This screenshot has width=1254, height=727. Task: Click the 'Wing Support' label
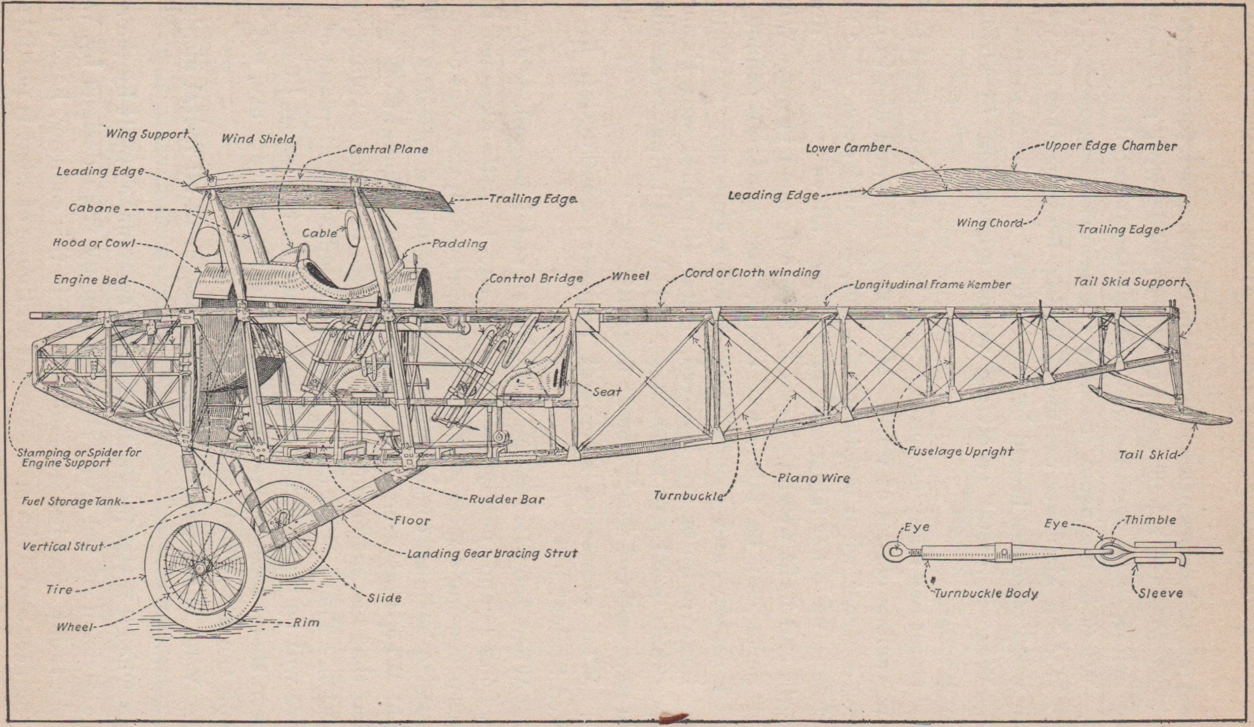pos(146,134)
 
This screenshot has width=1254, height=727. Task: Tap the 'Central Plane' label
pos(388,149)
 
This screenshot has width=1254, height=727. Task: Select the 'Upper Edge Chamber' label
pos(1111,146)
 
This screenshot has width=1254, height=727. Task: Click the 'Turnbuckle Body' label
pos(986,593)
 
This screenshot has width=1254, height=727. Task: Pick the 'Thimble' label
pos(1150,520)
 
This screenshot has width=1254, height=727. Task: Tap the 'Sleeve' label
pos(1161,593)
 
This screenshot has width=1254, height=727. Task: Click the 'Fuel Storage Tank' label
pos(71,501)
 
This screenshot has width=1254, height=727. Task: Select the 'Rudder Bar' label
pos(507,499)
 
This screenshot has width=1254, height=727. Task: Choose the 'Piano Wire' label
pos(814,478)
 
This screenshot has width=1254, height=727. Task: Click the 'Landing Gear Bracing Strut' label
pos(492,553)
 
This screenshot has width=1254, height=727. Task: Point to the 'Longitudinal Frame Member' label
pos(932,285)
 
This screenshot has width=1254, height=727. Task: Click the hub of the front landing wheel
pos(203,567)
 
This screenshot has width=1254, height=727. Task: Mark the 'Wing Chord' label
pos(989,223)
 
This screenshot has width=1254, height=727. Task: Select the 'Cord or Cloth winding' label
pos(752,273)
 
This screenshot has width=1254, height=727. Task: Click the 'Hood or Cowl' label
pos(93,243)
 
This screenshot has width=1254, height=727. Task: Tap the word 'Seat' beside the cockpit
pos(607,392)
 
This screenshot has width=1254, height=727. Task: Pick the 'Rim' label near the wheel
pos(306,622)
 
